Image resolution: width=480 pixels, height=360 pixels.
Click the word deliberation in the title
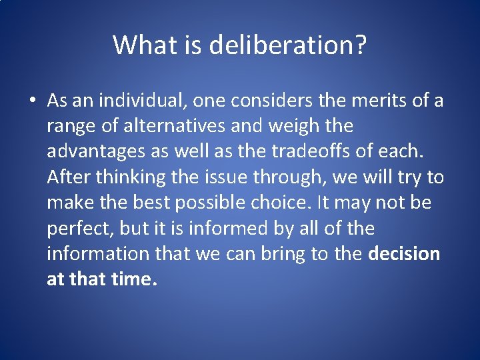(x=287, y=45)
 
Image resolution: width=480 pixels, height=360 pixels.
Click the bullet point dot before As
(x=32, y=101)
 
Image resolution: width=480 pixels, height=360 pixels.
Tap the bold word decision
(x=404, y=254)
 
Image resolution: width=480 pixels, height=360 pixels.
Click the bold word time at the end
(x=134, y=279)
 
